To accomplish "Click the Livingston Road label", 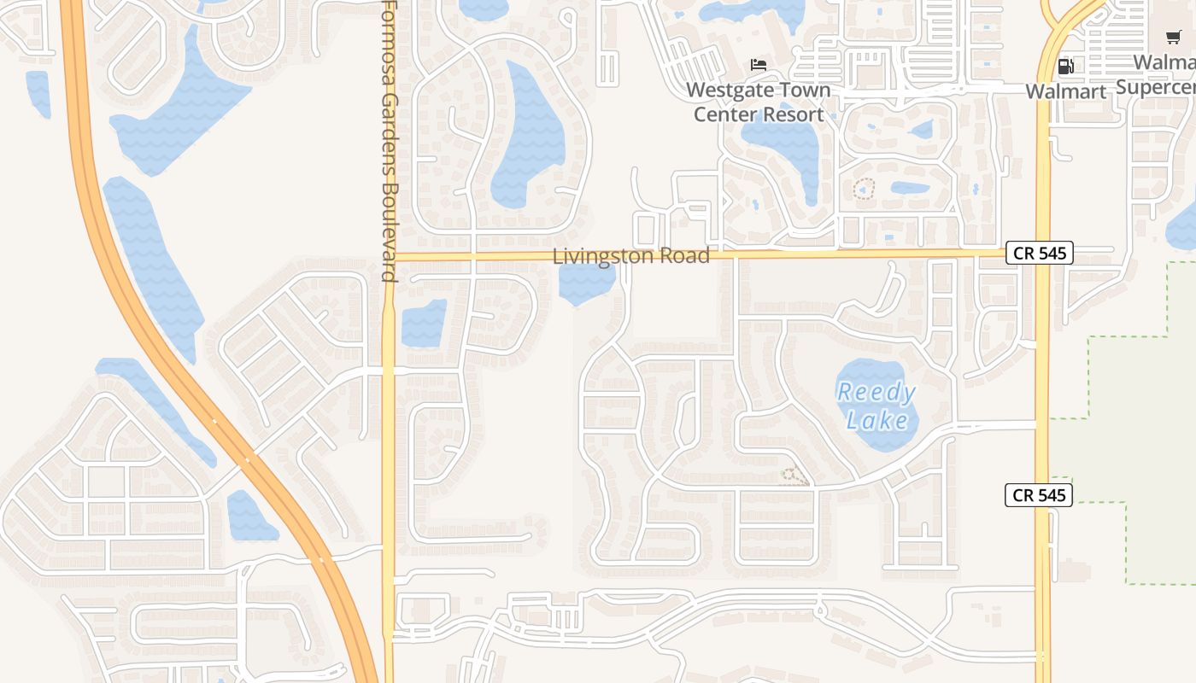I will click(x=630, y=256).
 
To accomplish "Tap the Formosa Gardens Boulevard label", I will click(x=390, y=141).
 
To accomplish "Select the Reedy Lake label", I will click(x=876, y=406).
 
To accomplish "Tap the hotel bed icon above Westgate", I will click(x=758, y=65).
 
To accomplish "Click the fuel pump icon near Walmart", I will click(x=1065, y=66).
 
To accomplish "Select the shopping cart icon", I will click(x=1174, y=37).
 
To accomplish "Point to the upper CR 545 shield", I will click(x=1038, y=253).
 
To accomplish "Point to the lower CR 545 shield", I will click(x=1038, y=495).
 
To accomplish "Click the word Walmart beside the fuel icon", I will click(x=1065, y=91).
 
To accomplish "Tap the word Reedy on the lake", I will click(x=876, y=393).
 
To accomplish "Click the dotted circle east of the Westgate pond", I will click(x=865, y=189).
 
